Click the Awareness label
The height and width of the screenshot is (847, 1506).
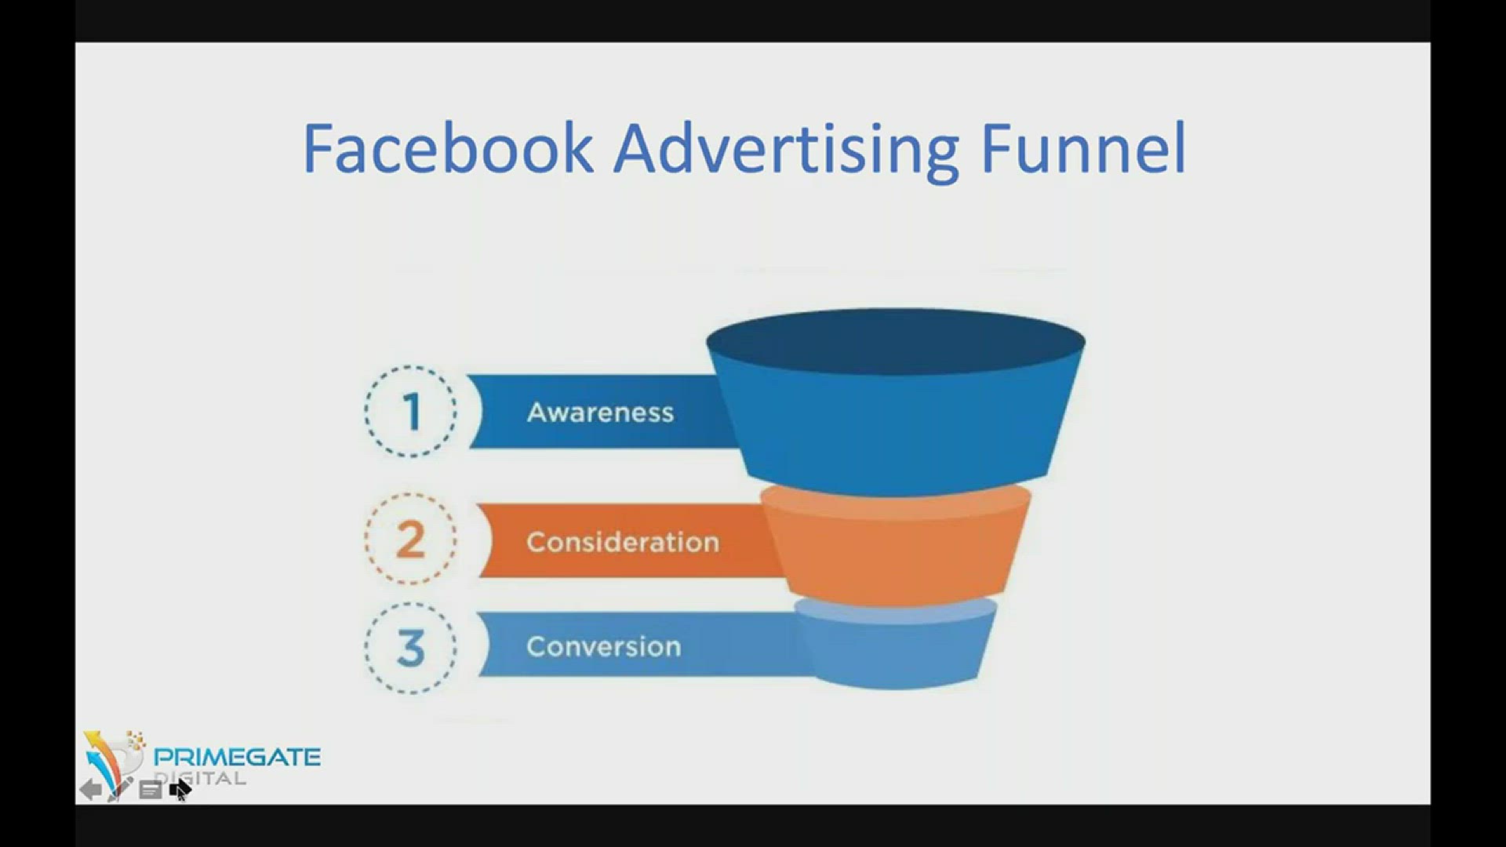(600, 413)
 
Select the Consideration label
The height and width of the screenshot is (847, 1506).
(623, 542)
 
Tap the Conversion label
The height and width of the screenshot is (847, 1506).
(603, 647)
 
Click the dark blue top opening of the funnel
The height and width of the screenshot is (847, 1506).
(896, 341)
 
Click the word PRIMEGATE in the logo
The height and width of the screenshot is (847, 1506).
(237, 757)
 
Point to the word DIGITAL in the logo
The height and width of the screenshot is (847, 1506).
(200, 778)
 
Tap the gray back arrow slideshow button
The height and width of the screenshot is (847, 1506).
(90, 789)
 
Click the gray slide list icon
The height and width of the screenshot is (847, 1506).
(150, 791)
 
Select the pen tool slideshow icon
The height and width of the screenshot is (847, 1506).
(119, 788)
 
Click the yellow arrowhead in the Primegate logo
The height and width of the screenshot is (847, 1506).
(93, 739)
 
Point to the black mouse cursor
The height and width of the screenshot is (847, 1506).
(180, 790)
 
